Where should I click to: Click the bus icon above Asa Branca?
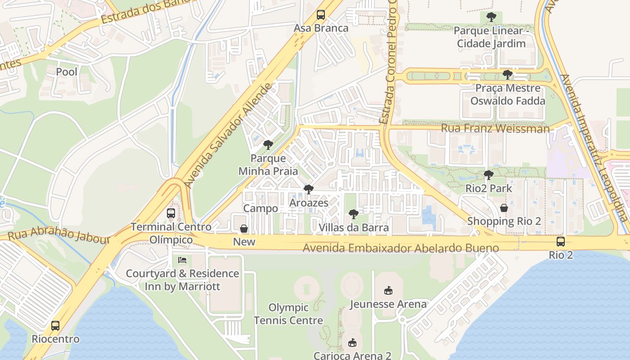coord(320,15)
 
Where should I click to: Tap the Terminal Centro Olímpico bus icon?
coord(171,213)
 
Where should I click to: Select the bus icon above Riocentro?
coord(55,326)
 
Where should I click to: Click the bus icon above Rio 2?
coord(561,242)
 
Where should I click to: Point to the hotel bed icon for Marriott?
coord(182,260)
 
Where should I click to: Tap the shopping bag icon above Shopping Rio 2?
coord(504,208)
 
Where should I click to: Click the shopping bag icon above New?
coord(244,229)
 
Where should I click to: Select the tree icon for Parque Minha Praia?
coord(268,145)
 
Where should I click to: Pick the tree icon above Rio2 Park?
coord(489,175)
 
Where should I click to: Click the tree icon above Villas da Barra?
coord(354,214)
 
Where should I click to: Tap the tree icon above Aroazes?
coord(308,189)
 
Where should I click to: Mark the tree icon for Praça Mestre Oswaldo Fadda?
coord(508,75)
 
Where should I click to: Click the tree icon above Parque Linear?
coord(491,17)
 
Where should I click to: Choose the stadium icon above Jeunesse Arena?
coord(388,291)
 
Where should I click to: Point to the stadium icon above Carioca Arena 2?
coord(352,343)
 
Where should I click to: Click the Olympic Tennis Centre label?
coord(288,314)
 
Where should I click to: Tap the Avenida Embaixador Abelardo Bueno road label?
coord(400,248)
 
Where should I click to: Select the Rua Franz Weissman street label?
coord(495,129)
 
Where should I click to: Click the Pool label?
coord(67,72)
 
